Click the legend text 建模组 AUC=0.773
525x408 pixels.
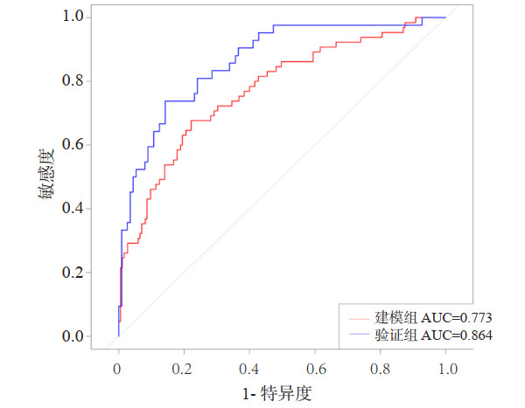tap(426, 317)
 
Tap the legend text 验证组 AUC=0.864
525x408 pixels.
tap(426, 335)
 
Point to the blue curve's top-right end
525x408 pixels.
tap(445, 17)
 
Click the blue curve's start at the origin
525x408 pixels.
tap(118, 336)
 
